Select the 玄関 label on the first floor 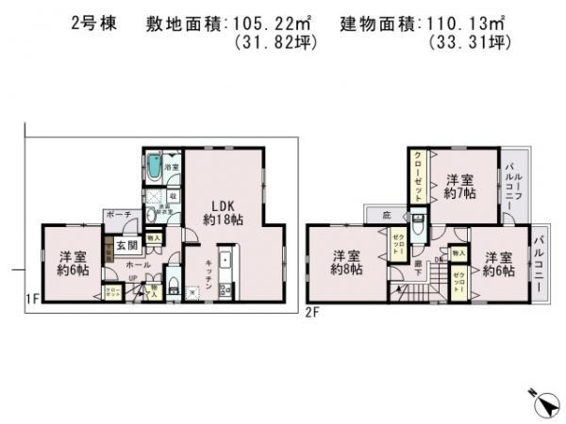(x=126, y=246)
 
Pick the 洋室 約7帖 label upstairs (x=459, y=186)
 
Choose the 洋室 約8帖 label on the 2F (x=347, y=261)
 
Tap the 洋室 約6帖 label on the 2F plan (x=499, y=265)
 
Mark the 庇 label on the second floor (x=386, y=216)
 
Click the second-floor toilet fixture (x=419, y=229)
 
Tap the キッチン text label (x=200, y=274)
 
